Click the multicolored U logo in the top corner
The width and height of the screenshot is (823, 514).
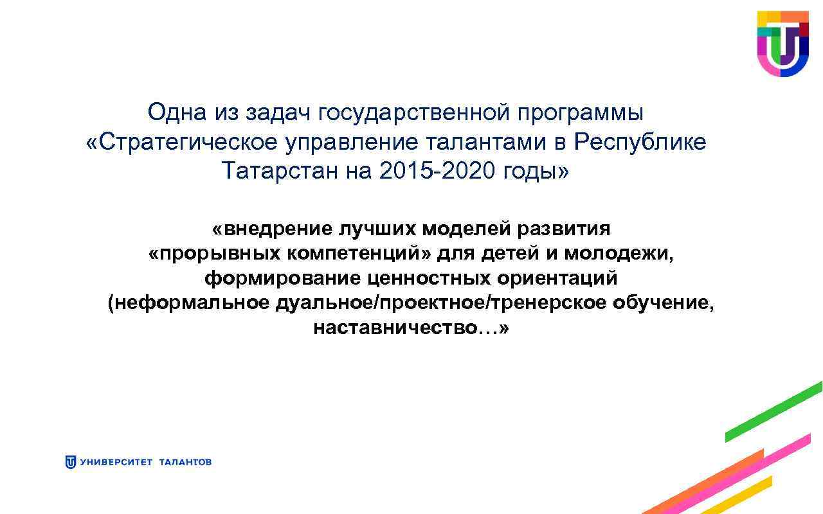pyautogui.click(x=782, y=43)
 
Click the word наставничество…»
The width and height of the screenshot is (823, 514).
pyautogui.click(x=411, y=329)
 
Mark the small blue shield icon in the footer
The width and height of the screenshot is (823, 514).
pyautogui.click(x=71, y=462)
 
